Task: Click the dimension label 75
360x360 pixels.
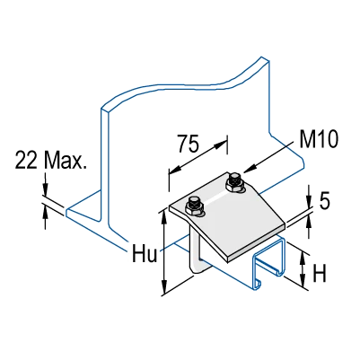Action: pos(188,144)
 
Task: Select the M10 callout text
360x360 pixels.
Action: pos(319,140)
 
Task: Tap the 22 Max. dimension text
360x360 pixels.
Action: pos(50,161)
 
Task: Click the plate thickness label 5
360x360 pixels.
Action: pos(325,200)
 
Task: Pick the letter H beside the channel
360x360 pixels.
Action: pos(320,273)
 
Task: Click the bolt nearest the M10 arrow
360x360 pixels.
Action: pos(234,182)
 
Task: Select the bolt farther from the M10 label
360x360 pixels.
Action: pos(194,206)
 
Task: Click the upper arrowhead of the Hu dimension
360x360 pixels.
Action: pos(163,216)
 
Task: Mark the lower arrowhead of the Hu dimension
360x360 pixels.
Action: pos(163,288)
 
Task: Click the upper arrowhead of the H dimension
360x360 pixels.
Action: pos(303,259)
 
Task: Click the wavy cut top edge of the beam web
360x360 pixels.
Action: pos(186,83)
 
